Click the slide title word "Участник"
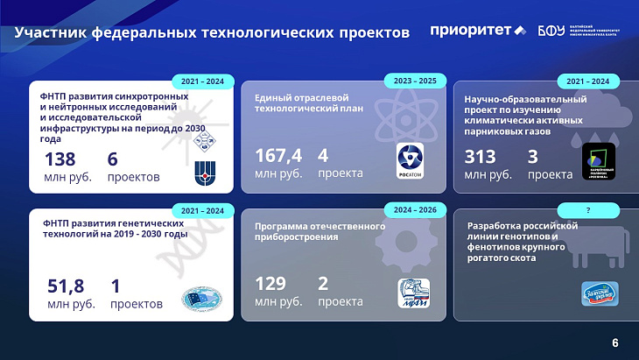[52, 33]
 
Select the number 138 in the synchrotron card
[60, 159]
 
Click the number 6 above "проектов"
[113, 159]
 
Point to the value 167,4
[278, 156]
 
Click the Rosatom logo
[410, 159]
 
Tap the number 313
[481, 157]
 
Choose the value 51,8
[65, 286]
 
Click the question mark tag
[588, 211]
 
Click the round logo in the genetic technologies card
[202, 299]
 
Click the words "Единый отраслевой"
[302, 97]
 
